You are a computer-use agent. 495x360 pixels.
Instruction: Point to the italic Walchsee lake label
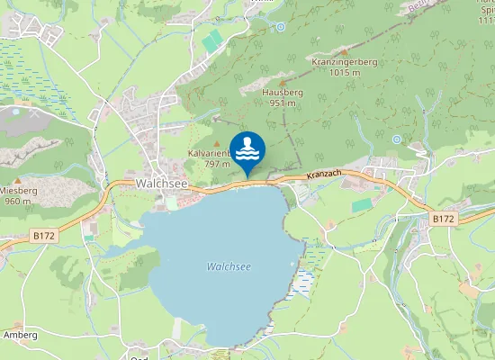pyautogui.click(x=228, y=266)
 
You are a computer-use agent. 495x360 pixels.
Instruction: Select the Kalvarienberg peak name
pyautogui.click(x=209, y=154)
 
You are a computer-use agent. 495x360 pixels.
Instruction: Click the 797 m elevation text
pyautogui.click(x=217, y=164)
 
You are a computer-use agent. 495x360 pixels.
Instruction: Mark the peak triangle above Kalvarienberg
pyautogui.click(x=215, y=143)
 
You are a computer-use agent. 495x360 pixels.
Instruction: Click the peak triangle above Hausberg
pyautogui.click(x=281, y=82)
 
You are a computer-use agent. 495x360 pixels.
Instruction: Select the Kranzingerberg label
pyautogui.click(x=344, y=61)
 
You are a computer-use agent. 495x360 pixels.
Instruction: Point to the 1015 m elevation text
pyautogui.click(x=344, y=72)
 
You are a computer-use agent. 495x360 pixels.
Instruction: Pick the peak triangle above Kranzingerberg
pyautogui.click(x=343, y=51)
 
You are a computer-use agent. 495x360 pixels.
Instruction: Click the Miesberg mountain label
pyautogui.click(x=19, y=190)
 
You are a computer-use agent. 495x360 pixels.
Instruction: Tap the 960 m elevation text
pyautogui.click(x=18, y=201)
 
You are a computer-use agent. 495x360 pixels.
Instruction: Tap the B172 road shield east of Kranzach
pyautogui.click(x=442, y=219)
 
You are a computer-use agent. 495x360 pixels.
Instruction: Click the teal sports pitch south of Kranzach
pyautogui.click(x=361, y=206)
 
